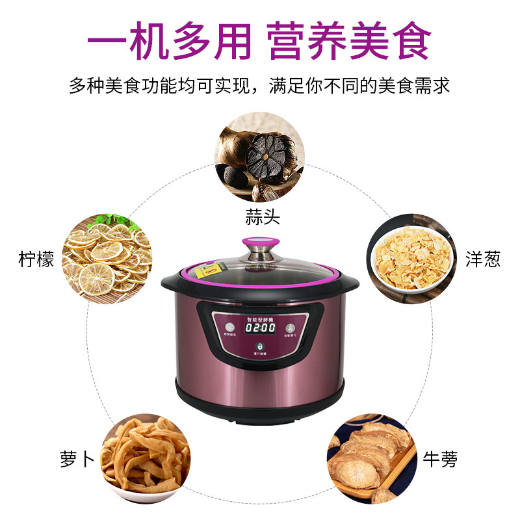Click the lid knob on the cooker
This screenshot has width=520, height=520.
[259, 246]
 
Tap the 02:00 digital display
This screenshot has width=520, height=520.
[259, 330]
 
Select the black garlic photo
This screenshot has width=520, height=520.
[261, 157]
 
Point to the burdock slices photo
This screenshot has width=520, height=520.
[372, 460]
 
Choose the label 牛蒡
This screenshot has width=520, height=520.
[439, 460]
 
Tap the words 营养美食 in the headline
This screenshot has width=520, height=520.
[349, 41]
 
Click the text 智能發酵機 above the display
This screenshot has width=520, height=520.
[261, 312]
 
